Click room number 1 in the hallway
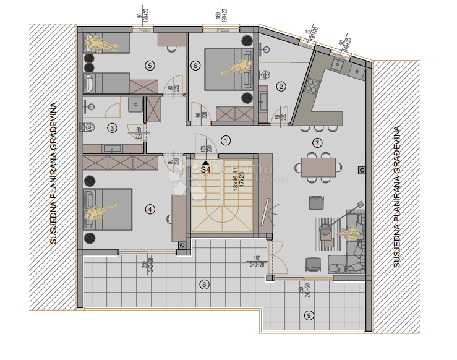(x=226, y=141)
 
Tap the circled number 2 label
(x=281, y=87)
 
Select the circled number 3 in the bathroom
(x=112, y=128)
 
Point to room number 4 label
(x=150, y=209)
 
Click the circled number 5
(x=148, y=64)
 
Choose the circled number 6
(x=195, y=65)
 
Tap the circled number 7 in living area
(x=318, y=143)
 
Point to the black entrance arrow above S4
(x=205, y=161)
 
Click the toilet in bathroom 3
(x=86, y=127)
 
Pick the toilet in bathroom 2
(x=265, y=75)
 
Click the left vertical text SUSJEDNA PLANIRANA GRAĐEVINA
(x=54, y=173)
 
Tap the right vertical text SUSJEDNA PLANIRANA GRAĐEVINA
(x=396, y=197)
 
